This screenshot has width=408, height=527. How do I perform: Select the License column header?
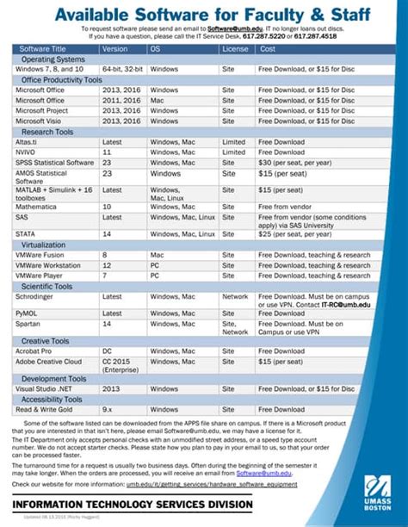[235, 49]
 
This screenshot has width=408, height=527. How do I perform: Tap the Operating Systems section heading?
[53, 59]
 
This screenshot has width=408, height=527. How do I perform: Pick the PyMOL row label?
[31, 313]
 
